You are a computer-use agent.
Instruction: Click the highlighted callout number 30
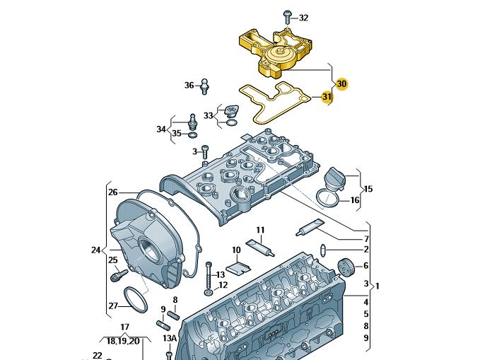(x=342, y=83)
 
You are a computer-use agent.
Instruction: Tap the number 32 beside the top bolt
(x=303, y=18)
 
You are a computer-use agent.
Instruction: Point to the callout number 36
(x=189, y=86)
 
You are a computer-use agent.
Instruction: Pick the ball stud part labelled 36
(x=204, y=86)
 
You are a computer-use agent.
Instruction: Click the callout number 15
(x=368, y=189)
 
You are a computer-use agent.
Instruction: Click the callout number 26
(x=112, y=192)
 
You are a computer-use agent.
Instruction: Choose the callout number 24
(x=96, y=250)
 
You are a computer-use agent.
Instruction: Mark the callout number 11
(x=260, y=230)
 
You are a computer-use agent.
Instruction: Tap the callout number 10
(x=236, y=250)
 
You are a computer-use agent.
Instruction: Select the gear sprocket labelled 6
(x=346, y=269)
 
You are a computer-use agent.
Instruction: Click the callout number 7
(x=366, y=238)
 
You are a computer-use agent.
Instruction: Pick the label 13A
(x=169, y=339)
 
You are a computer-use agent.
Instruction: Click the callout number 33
(x=208, y=115)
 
